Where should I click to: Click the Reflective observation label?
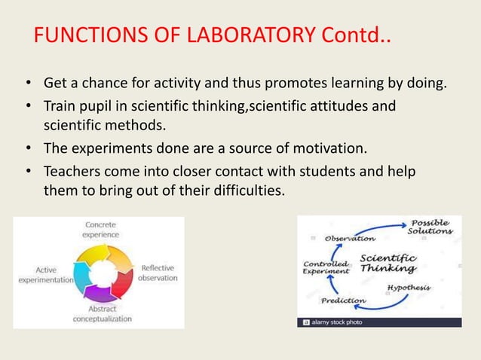158,273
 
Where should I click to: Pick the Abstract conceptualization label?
102,313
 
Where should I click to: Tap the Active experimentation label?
44,274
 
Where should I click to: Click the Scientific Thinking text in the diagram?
388,262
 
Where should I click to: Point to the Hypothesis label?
409,288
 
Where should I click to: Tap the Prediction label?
343,301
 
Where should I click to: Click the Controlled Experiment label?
326,267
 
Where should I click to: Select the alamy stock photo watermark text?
336,322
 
